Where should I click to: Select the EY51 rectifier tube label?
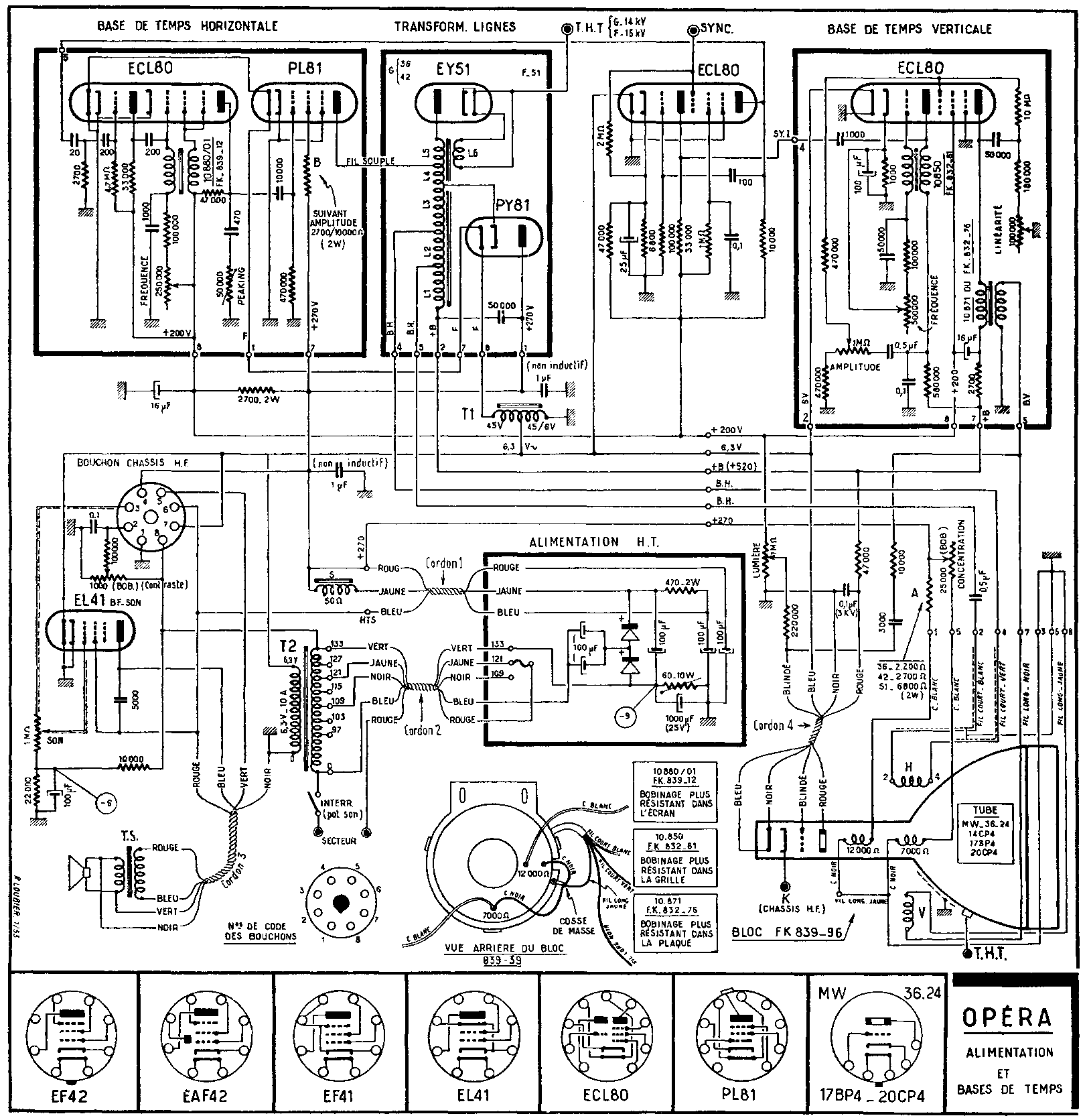[454, 70]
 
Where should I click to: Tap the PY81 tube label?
[513, 205]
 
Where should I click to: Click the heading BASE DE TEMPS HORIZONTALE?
[187, 27]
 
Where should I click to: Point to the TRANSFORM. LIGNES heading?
[455, 27]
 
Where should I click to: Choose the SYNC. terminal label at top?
[717, 29]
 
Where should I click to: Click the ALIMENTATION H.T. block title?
[593, 542]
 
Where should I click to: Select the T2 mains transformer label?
[287, 647]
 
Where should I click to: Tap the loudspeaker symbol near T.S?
[79, 872]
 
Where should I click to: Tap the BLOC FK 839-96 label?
[788, 932]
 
